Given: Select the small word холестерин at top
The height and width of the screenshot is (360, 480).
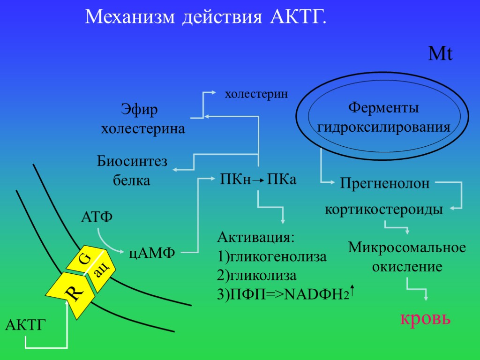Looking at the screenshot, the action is pos(256,94).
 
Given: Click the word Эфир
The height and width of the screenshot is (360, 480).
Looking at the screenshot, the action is pos(139,111).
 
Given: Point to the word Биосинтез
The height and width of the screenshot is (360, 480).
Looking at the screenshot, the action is pos(132,162).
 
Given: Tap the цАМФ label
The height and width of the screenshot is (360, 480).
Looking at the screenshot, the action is pos(152,254).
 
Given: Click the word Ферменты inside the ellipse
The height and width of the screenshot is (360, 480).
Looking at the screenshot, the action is pos(383,108).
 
